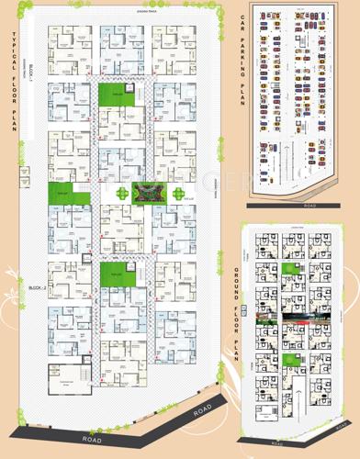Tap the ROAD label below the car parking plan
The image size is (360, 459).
(x=309, y=206)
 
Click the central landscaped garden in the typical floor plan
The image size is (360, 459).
(x=145, y=193)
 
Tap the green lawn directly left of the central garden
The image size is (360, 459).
(x=63, y=195)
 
